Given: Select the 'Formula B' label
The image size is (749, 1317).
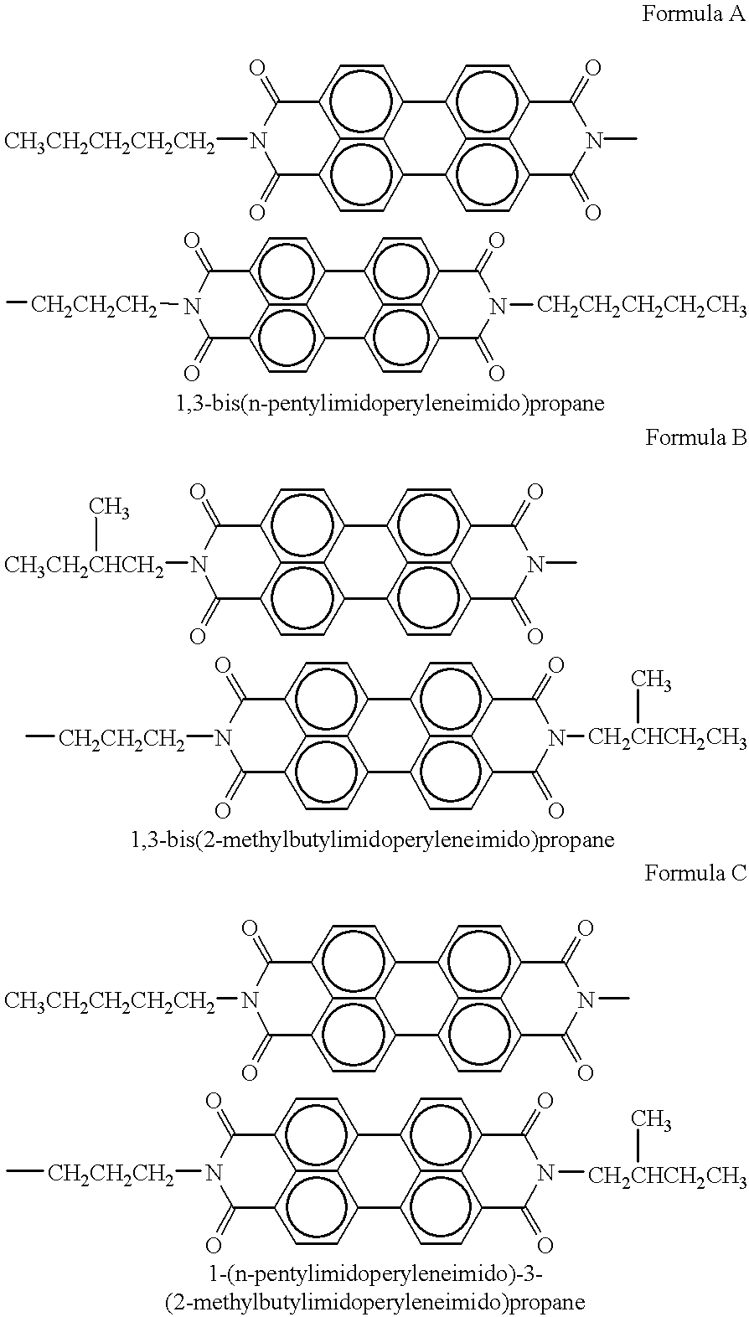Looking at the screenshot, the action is pos(696,437).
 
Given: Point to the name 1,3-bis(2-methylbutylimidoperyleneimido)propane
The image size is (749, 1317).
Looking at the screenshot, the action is pos(372,839).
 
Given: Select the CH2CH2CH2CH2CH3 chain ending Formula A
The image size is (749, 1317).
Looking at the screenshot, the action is pos(642,306).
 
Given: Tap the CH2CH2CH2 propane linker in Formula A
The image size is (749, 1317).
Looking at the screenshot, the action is pos(94,306).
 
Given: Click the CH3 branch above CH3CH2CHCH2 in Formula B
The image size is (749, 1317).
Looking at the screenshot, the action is pos(110,507).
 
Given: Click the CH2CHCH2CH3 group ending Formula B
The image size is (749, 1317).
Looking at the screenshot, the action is pos(667,737).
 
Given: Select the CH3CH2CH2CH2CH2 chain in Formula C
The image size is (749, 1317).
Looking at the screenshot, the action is pos(110,1000).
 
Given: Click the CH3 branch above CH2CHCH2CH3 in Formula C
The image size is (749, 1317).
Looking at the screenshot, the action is pos(652,1121).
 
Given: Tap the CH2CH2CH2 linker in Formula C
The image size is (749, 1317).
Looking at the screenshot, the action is pos(111,1175).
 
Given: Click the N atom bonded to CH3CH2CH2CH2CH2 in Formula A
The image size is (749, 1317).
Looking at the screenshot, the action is pos(257,141).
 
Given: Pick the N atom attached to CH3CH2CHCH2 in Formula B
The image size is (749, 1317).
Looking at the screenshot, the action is pos(199,566).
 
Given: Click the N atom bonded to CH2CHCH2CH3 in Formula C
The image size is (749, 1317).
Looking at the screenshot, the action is pos(546,1174).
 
